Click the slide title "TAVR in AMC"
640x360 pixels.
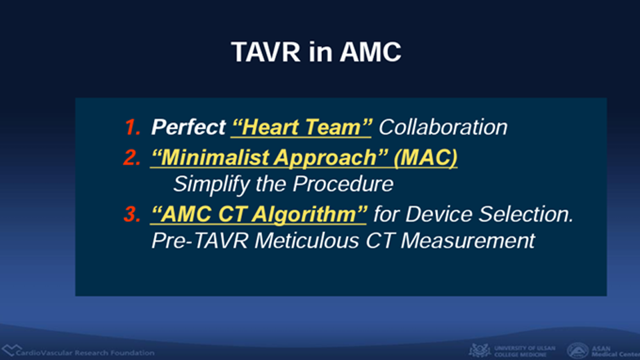coord(316,52)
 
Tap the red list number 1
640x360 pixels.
coord(133,127)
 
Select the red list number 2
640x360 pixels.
coord(132,157)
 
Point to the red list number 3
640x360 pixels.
coord(132,214)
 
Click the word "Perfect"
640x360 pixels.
coord(188,127)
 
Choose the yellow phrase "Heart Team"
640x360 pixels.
coord(301,127)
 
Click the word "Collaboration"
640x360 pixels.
coord(443,127)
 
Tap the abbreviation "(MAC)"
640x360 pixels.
coord(426,158)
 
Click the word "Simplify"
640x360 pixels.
coord(211,184)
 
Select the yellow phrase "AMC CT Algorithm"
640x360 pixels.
coord(259,215)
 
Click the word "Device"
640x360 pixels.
coord(439,214)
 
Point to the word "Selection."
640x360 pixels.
coord(527,214)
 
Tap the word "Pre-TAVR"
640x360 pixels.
coord(199,241)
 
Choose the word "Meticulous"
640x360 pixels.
coord(307,241)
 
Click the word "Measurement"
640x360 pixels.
coord(468,241)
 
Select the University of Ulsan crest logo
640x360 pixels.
coord(479,350)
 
